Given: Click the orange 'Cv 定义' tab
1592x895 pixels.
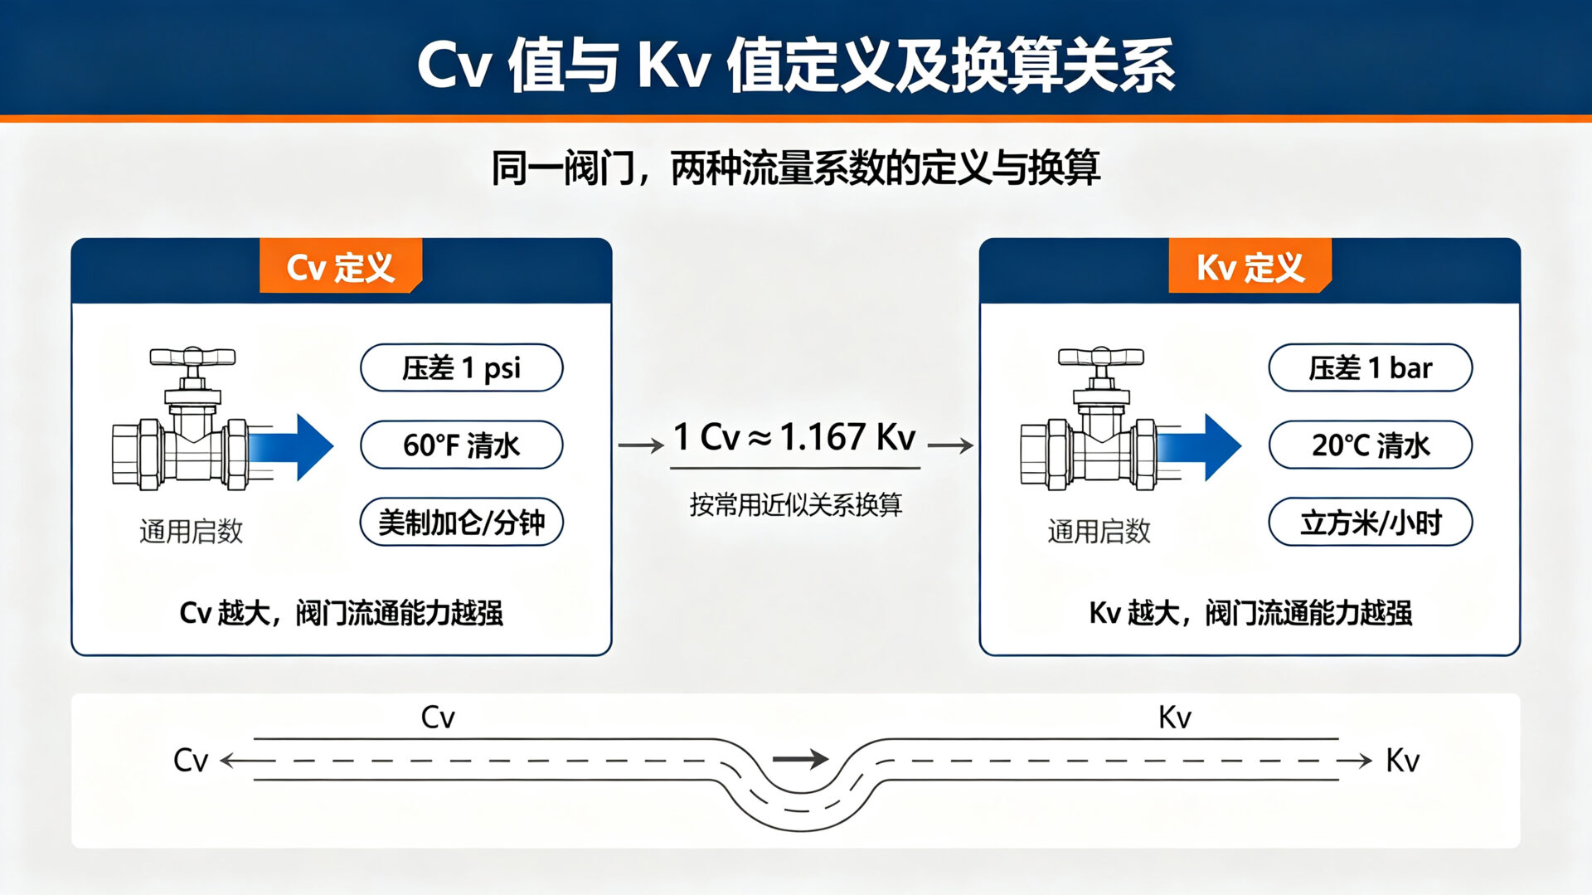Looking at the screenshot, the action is [341, 266].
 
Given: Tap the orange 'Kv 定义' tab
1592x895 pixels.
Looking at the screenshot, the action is [1250, 266].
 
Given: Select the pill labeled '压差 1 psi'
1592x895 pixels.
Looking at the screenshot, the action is [462, 367].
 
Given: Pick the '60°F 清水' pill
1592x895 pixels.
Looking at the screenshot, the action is [462, 445].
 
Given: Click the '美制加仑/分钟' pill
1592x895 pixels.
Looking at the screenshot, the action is [462, 523].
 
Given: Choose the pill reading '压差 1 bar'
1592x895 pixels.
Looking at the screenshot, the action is [1371, 367].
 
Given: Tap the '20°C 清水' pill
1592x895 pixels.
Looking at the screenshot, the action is [1371, 445].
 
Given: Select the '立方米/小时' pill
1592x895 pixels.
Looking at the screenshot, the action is [1371, 523].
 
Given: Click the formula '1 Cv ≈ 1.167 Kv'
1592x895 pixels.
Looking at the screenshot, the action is [794, 437].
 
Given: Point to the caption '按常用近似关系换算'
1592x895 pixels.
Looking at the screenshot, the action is [795, 504].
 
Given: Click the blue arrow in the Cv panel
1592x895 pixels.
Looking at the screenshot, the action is [290, 447].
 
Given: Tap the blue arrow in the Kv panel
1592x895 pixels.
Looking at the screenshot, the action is [1198, 447].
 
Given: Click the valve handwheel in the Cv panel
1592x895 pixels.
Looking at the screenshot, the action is [192, 358].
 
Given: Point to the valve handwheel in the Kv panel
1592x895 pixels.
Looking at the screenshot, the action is [1100, 358].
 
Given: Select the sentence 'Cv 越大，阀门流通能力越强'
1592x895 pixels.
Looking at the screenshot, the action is [341, 613].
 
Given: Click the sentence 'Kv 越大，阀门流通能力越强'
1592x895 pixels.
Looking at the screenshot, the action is [1250, 613].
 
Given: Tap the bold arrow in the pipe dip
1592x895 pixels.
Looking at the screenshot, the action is [800, 758].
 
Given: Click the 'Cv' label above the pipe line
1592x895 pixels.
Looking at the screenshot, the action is [438, 717].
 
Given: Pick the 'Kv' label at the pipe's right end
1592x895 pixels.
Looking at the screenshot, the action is [1403, 760].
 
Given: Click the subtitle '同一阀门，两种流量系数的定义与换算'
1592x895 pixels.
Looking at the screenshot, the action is [796, 168].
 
